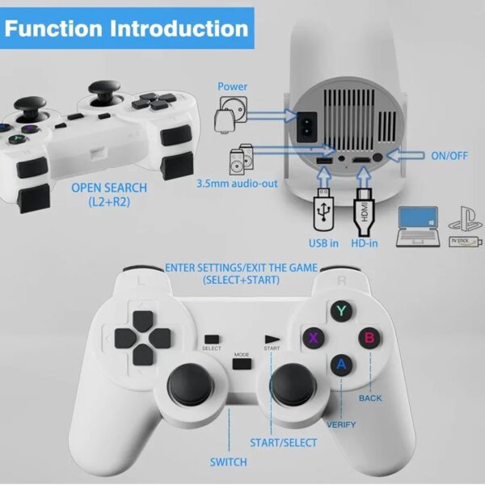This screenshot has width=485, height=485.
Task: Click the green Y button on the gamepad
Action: tap(342, 310)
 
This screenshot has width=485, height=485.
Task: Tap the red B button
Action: tap(369, 337)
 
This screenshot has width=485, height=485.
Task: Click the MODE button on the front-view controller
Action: tap(241, 364)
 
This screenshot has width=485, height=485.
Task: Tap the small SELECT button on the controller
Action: tap(212, 339)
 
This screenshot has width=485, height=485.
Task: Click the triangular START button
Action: tap(272, 339)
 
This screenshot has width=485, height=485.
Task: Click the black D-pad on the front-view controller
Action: tap(134, 340)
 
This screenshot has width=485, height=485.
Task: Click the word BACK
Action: tap(370, 399)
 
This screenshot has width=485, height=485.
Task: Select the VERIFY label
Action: tap(341, 424)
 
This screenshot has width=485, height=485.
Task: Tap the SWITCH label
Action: tap(229, 462)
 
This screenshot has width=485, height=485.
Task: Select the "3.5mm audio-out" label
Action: tap(237, 183)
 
